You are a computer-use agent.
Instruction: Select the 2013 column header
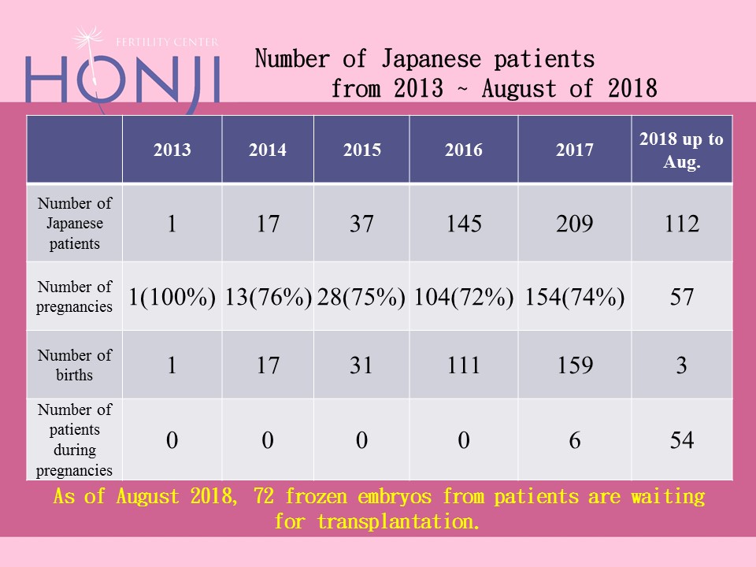tap(172, 150)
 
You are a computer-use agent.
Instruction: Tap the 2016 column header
tap(463, 150)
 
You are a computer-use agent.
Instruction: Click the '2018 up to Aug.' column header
tap(681, 150)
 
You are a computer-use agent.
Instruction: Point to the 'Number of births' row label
tap(75, 365)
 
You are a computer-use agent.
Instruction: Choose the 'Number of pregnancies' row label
tap(75, 296)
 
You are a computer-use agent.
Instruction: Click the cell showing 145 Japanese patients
tap(463, 224)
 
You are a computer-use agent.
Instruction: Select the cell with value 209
tap(574, 224)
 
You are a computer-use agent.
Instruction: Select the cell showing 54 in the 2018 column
tap(681, 440)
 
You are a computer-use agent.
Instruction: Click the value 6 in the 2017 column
tap(574, 440)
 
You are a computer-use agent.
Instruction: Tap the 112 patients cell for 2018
tap(681, 224)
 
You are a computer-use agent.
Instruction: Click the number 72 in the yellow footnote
tap(265, 497)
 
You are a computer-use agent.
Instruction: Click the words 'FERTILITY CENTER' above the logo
tap(177, 42)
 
